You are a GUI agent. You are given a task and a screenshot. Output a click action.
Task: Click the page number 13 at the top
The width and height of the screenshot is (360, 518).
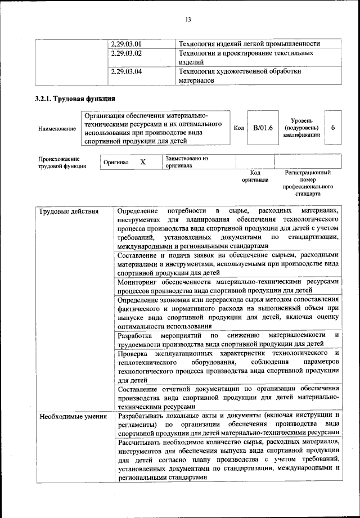(188, 21)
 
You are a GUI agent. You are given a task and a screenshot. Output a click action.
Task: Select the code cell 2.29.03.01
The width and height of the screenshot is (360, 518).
(126, 44)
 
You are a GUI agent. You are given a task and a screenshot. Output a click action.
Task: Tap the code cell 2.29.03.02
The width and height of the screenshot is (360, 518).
(126, 53)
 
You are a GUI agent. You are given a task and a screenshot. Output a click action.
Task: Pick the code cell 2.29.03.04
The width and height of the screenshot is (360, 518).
(126, 72)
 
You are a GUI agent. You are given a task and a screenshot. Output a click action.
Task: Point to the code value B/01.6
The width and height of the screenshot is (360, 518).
(263, 128)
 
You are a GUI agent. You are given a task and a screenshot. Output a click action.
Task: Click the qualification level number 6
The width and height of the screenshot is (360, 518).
(333, 128)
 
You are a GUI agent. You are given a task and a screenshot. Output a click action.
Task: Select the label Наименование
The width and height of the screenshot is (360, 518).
(57, 129)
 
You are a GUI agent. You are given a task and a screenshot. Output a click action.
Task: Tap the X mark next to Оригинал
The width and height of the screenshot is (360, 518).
(143, 162)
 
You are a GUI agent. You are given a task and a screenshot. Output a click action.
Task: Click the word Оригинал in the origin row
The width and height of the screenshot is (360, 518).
(116, 163)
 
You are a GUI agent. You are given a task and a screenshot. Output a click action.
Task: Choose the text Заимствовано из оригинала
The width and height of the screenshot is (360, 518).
(187, 162)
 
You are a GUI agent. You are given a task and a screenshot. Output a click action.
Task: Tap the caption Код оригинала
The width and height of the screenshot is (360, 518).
(255, 177)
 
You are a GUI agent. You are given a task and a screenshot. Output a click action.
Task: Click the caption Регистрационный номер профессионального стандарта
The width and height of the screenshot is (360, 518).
(308, 183)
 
